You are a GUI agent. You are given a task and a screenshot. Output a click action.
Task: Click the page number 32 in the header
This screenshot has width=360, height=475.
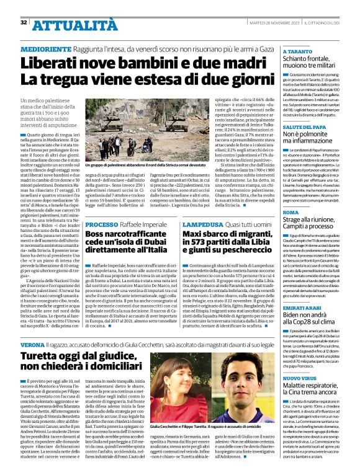click(24, 23)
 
